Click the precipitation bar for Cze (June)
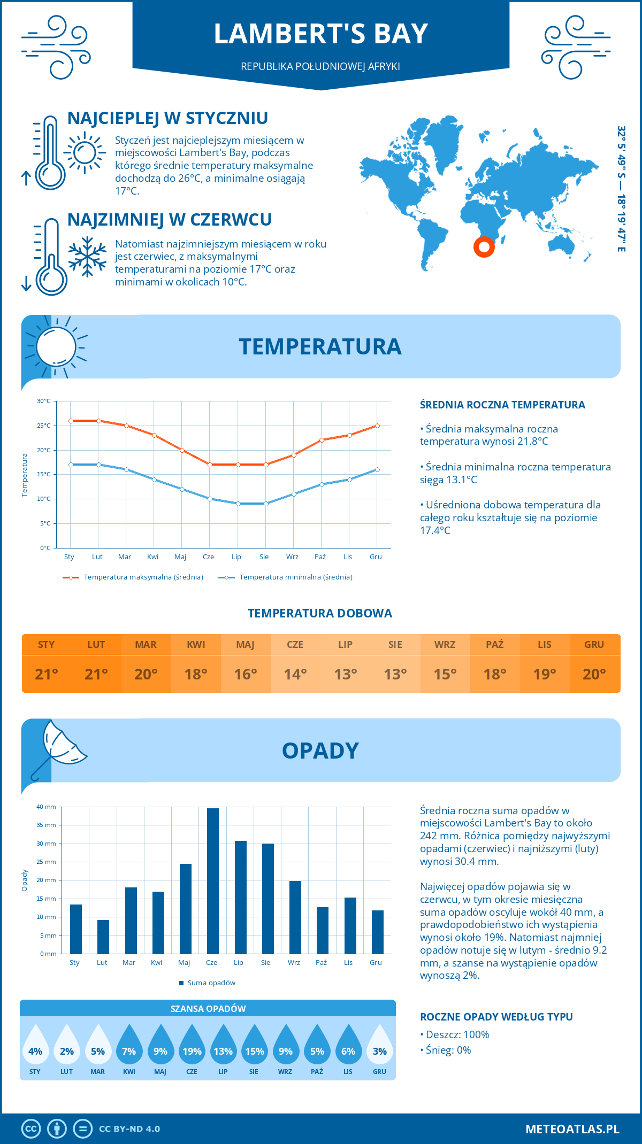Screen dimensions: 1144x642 point(213,881)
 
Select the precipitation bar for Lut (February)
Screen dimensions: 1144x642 point(103,937)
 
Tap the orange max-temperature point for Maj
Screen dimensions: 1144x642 point(182,450)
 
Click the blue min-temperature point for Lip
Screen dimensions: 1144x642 point(238,504)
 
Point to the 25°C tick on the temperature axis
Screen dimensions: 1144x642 point(44,426)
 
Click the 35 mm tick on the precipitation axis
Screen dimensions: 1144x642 point(46,825)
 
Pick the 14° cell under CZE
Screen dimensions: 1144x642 point(295,674)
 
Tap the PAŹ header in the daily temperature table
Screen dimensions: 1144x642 point(495,644)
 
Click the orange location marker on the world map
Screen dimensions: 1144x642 point(484,246)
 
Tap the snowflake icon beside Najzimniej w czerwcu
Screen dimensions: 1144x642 point(87,257)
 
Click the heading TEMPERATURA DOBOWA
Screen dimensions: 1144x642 point(320,613)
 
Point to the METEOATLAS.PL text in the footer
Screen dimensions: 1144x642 point(572,1128)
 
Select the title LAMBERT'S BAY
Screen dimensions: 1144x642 point(320,34)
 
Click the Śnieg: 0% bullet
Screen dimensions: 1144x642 point(446,1050)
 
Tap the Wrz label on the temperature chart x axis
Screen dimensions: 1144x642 point(292,556)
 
